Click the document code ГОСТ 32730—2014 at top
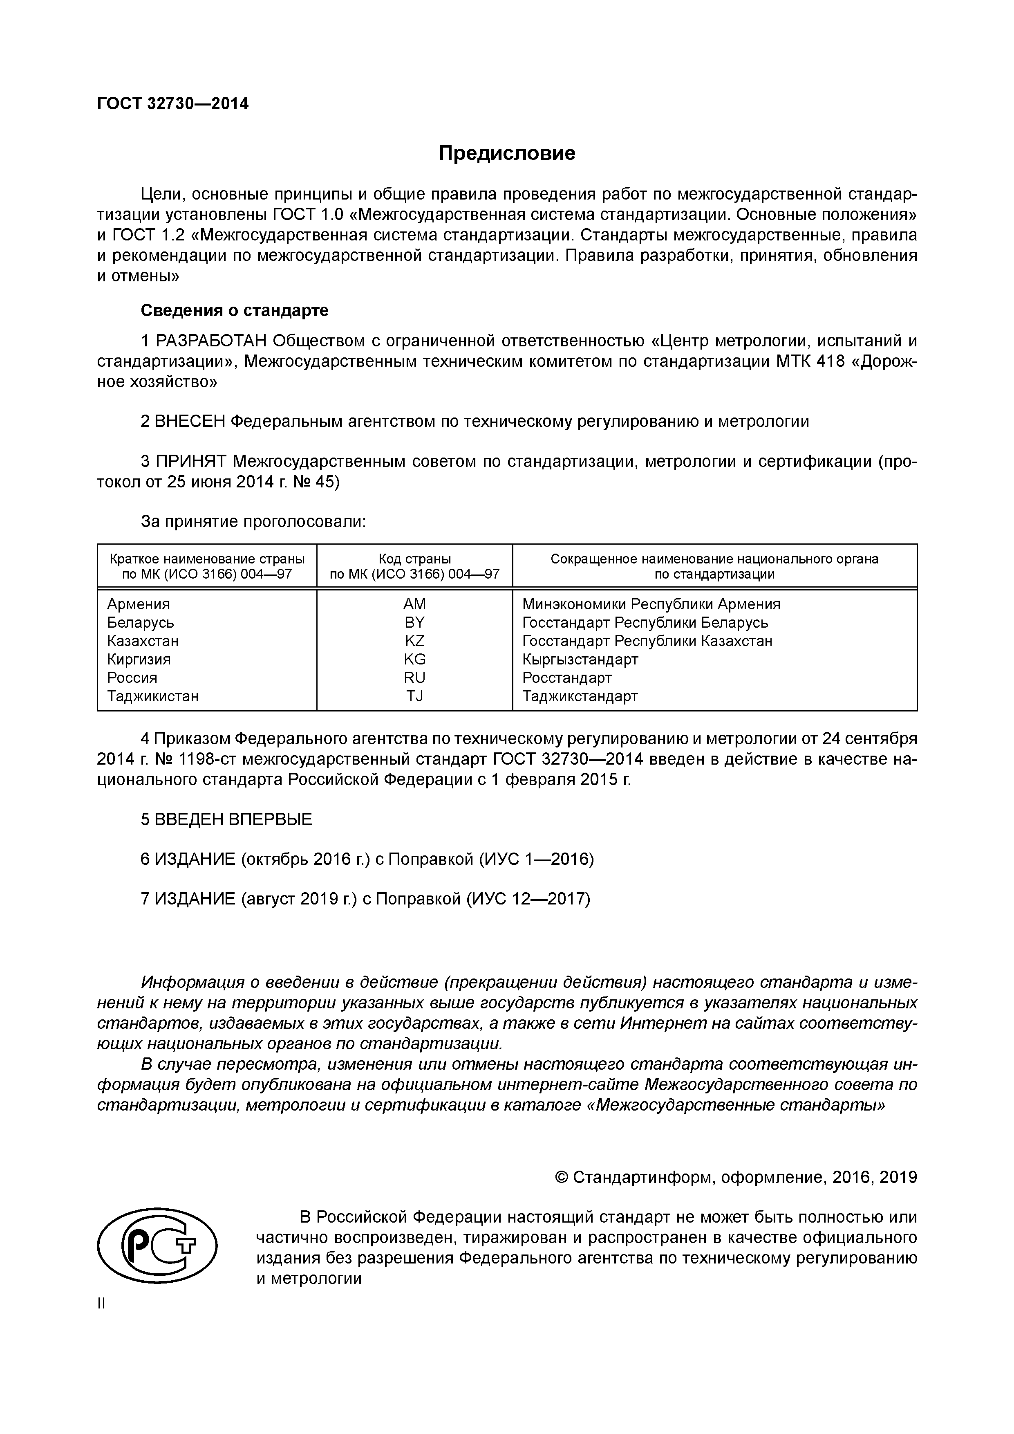[173, 104]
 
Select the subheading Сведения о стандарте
[234, 310]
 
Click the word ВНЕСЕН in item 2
[189, 422]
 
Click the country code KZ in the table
[414, 641]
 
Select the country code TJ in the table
[414, 696]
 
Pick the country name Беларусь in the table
[141, 623]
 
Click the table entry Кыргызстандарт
[580, 660]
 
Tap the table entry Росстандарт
[567, 678]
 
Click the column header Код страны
[414, 559]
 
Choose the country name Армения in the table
[138, 604]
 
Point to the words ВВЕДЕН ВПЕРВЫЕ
[233, 819]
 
